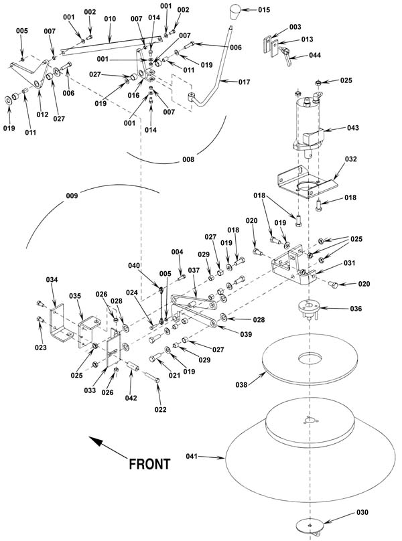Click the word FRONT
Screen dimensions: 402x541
point(149,464)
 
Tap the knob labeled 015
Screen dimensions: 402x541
point(237,13)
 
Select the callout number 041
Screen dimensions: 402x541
point(192,456)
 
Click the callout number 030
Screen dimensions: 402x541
point(362,512)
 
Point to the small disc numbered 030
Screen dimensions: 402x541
point(310,526)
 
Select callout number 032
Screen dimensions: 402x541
point(351,159)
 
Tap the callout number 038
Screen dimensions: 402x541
point(241,384)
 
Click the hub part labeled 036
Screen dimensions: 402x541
point(308,308)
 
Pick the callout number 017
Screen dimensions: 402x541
point(244,82)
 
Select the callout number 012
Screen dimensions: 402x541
point(42,114)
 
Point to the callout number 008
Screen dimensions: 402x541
point(188,159)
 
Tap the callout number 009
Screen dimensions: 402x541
point(72,196)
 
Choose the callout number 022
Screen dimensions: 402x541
point(160,410)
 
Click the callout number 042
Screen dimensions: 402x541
point(131,398)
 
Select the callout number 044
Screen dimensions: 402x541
point(315,55)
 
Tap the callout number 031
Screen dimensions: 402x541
point(349,263)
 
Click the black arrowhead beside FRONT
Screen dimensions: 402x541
point(96,442)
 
